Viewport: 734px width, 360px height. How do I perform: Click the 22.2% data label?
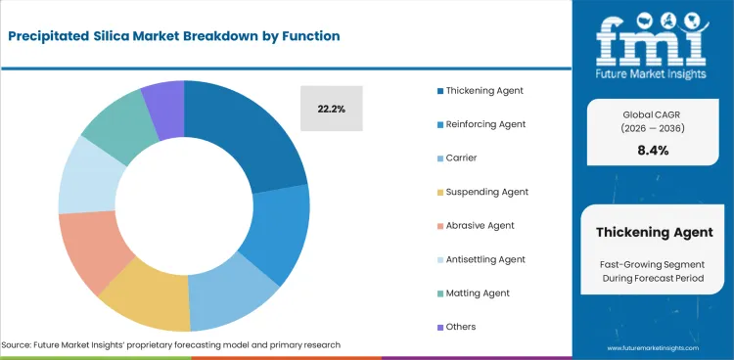coord(331,110)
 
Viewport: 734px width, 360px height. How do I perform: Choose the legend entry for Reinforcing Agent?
coord(485,124)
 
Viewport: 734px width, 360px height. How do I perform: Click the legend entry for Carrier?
coord(461,157)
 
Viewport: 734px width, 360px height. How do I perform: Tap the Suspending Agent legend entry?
coord(486,192)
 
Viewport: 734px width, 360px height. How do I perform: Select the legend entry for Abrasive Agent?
coord(480,225)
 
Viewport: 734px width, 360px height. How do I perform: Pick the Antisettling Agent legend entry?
coord(485,259)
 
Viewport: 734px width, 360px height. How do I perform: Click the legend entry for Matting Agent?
coord(478,292)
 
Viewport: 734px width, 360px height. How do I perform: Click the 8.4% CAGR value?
coord(653,150)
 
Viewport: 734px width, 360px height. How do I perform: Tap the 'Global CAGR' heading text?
coord(653,113)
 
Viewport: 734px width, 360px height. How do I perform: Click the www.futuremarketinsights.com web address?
coord(654,347)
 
